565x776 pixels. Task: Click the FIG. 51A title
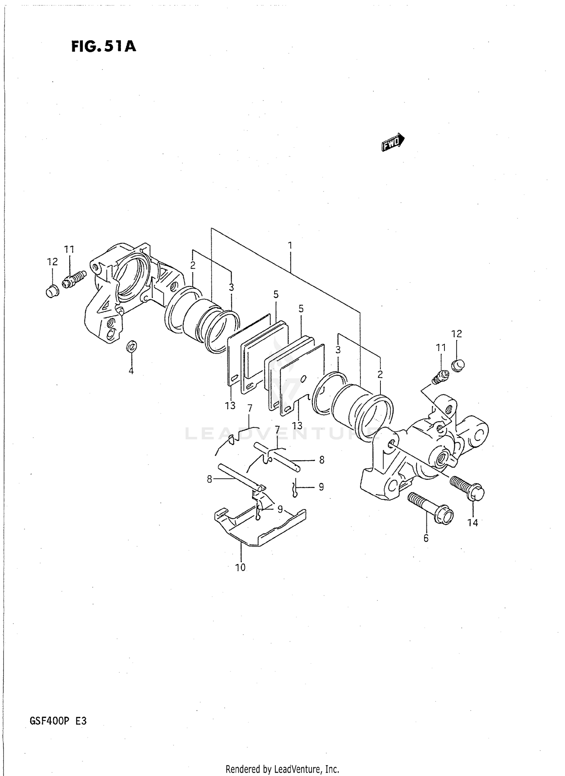tap(103, 47)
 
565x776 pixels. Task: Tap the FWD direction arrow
tap(392, 142)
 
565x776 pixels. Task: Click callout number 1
tap(290, 246)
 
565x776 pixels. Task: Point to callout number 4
tap(131, 371)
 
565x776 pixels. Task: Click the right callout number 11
tap(441, 347)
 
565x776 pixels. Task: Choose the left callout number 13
tap(230, 406)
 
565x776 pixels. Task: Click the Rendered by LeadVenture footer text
tap(282, 769)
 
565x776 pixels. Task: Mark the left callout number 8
tap(210, 479)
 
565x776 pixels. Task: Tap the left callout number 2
tap(192, 265)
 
